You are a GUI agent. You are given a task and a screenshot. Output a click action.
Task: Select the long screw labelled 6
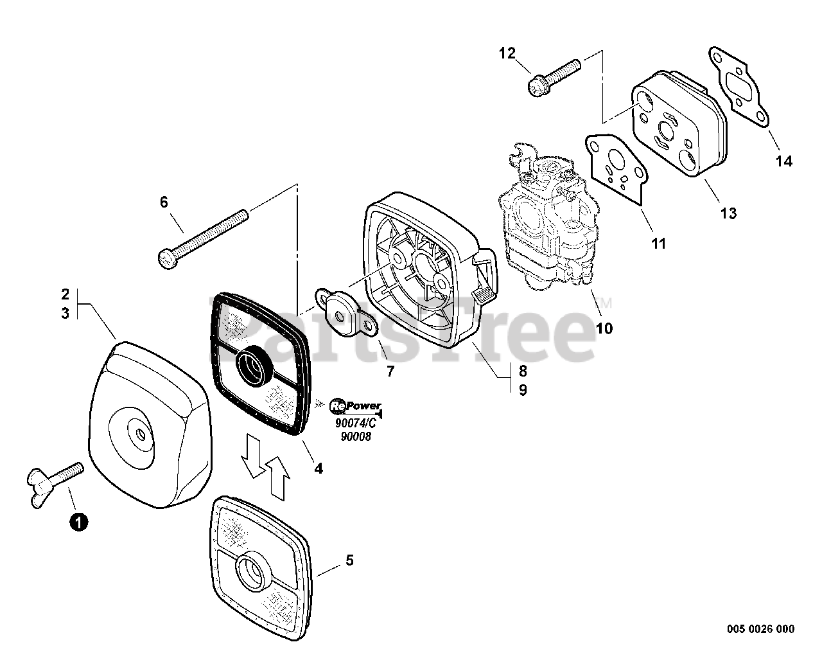(x=202, y=237)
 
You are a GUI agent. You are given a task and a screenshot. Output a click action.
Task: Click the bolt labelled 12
(x=554, y=76)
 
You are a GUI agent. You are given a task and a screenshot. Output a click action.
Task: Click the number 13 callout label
(x=728, y=213)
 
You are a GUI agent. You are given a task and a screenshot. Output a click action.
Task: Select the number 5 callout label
(x=349, y=560)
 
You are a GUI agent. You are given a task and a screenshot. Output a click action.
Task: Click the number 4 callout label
(x=319, y=468)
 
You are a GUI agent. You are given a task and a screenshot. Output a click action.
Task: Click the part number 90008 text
(x=357, y=437)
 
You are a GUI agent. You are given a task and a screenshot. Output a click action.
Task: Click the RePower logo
(x=355, y=406)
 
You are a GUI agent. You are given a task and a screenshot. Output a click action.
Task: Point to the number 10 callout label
(x=604, y=328)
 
